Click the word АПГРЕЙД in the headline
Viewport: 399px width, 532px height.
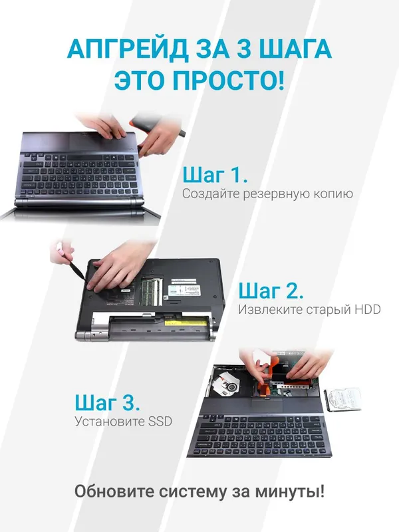pyautogui.click(x=127, y=49)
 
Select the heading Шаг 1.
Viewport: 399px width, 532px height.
pyautogui.click(x=215, y=176)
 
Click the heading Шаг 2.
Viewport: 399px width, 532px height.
pyautogui.click(x=271, y=291)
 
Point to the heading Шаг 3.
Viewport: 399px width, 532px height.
pyautogui.click(x=107, y=403)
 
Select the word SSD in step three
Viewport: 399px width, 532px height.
pyautogui.click(x=160, y=422)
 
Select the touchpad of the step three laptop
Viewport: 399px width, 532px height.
pyautogui.click(x=267, y=405)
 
